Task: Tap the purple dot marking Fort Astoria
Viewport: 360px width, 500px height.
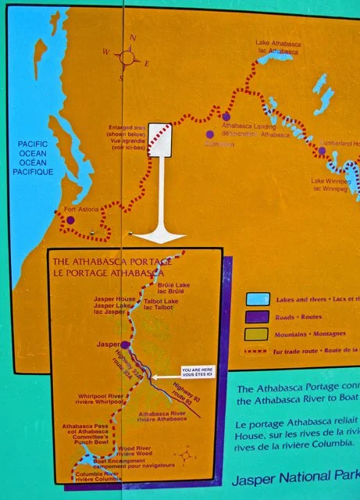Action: coord(70,220)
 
